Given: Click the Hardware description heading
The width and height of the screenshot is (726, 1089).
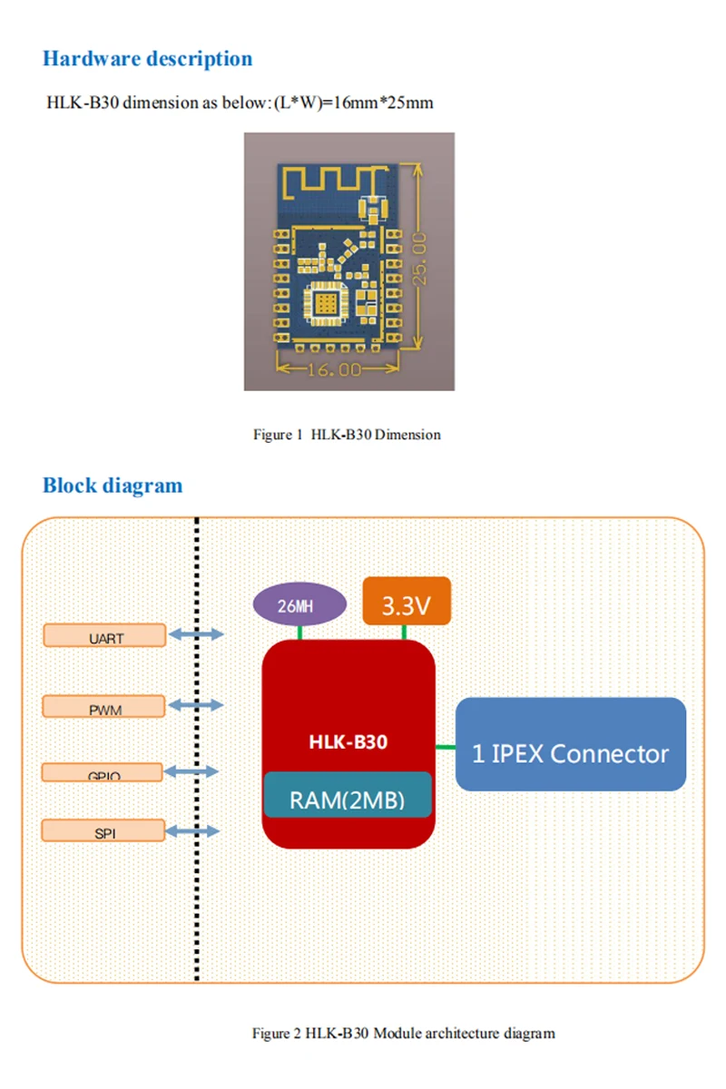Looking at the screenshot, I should [147, 59].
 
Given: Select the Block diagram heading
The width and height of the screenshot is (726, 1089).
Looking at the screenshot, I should [113, 486].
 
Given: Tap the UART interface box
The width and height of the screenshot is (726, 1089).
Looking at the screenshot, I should [105, 635].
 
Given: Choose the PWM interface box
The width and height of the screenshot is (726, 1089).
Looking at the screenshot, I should [105, 706].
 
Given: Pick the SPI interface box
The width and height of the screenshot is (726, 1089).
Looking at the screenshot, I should [105, 830].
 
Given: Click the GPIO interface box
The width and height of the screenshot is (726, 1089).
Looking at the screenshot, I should [105, 772].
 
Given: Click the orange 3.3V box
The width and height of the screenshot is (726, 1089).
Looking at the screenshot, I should [406, 601].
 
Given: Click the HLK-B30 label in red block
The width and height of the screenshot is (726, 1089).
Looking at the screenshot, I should [348, 741].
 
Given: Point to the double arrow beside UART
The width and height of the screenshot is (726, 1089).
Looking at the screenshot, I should [195, 635].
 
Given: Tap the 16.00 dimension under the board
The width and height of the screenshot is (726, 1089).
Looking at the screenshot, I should [337, 369].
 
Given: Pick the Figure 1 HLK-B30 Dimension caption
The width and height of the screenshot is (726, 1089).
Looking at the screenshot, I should [347, 435].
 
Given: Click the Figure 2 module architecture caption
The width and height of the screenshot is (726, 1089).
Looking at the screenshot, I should [403, 1033].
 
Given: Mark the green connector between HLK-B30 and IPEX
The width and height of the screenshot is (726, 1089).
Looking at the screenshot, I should [446, 747].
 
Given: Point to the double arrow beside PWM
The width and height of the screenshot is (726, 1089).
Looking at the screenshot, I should [195, 705].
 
